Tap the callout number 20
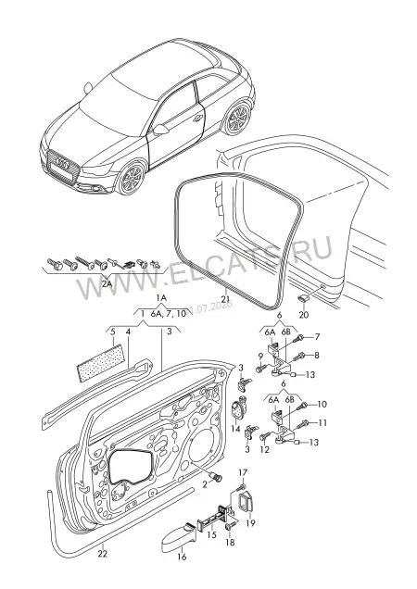click(303, 314)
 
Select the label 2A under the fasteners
click(107, 284)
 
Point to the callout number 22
click(103, 553)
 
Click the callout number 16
click(182, 557)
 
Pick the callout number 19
click(250, 522)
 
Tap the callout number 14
click(235, 429)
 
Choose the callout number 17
click(243, 472)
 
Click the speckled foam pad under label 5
click(101, 363)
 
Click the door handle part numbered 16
click(178, 536)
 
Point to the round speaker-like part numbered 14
click(237, 409)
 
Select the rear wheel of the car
click(237, 118)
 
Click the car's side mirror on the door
click(160, 130)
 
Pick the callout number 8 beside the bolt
click(317, 355)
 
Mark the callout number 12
click(265, 449)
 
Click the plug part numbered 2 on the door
click(218, 478)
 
